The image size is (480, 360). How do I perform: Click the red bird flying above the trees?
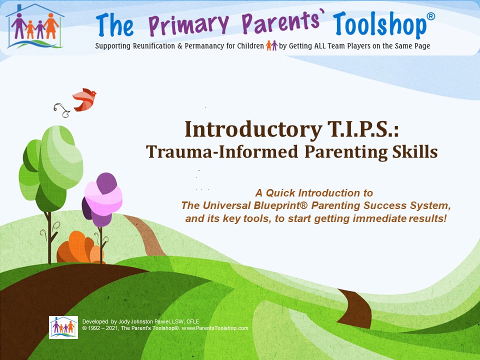[x=84, y=99]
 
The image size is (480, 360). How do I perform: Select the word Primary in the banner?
[x=189, y=24]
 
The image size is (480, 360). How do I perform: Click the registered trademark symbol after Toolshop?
[x=430, y=16]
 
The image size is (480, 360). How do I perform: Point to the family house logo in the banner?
[x=35, y=26]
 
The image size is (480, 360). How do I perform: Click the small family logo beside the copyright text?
[x=63, y=327]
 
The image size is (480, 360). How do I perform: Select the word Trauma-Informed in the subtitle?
[x=222, y=151]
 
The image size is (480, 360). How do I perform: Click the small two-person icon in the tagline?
[x=271, y=45]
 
